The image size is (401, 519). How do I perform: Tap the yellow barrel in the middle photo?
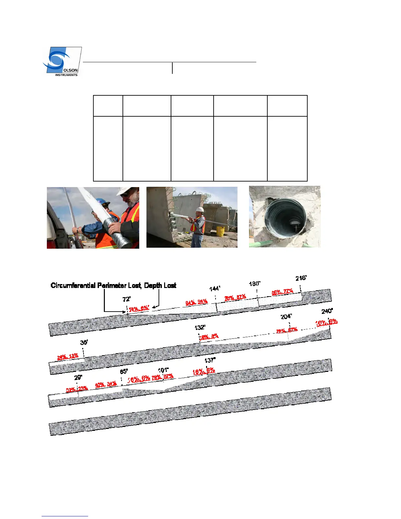coord(220,231)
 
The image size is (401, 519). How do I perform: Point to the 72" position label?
coord(126,299)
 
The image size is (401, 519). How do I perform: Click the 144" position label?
coord(215,289)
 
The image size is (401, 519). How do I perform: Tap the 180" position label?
coord(255,284)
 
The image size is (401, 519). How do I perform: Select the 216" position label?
coord(301,278)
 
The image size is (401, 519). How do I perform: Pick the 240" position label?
coord(327,311)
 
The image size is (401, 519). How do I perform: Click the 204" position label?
coord(286,317)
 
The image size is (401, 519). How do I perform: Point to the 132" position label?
coord(200,328)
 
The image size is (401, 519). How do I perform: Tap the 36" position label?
coord(84,342)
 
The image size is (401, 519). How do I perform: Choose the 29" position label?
coord(78,377)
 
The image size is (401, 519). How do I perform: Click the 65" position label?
coord(124,372)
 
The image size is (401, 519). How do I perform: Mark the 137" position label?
coord(210,360)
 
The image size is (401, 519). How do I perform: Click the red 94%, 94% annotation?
coord(197,302)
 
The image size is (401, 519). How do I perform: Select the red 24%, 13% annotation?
coord(68,356)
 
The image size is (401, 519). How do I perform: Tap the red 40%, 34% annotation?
coord(106,384)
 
